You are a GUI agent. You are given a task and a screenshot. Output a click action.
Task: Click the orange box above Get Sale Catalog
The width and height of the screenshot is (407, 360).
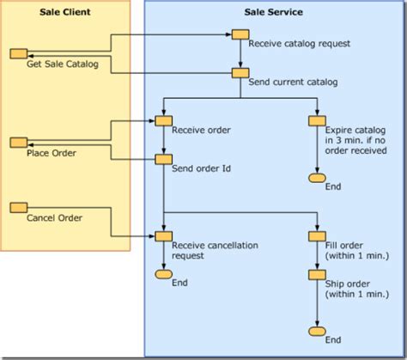coord(18,53)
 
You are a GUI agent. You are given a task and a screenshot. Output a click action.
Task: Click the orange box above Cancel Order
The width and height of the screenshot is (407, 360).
coord(18,207)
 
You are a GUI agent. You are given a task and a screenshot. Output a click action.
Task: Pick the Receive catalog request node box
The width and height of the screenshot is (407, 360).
coord(240,34)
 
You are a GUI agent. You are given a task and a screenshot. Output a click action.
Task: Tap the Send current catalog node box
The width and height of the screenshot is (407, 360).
coord(240,74)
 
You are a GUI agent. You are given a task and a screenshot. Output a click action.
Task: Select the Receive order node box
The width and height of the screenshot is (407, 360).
coord(163,121)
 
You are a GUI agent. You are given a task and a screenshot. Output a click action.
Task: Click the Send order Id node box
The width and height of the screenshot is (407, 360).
coord(163,158)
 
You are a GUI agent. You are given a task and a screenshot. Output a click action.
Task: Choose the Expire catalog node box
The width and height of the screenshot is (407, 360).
coord(316,121)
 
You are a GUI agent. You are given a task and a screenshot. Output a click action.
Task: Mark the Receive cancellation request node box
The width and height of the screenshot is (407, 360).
coord(163,235)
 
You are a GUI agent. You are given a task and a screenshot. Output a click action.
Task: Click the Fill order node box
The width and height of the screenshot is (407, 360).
coord(316,235)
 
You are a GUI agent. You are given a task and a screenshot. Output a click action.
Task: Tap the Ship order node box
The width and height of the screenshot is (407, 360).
coord(316,276)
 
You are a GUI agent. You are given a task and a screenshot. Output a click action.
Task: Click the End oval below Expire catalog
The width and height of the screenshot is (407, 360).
coord(316,179)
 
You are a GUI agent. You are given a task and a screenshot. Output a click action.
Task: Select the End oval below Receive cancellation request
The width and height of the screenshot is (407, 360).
coord(163,275)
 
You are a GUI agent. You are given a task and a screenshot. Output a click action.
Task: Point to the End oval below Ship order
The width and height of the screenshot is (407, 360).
coord(316,331)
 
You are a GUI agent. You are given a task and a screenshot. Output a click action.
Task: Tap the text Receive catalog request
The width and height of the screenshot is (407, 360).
coord(287,44)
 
